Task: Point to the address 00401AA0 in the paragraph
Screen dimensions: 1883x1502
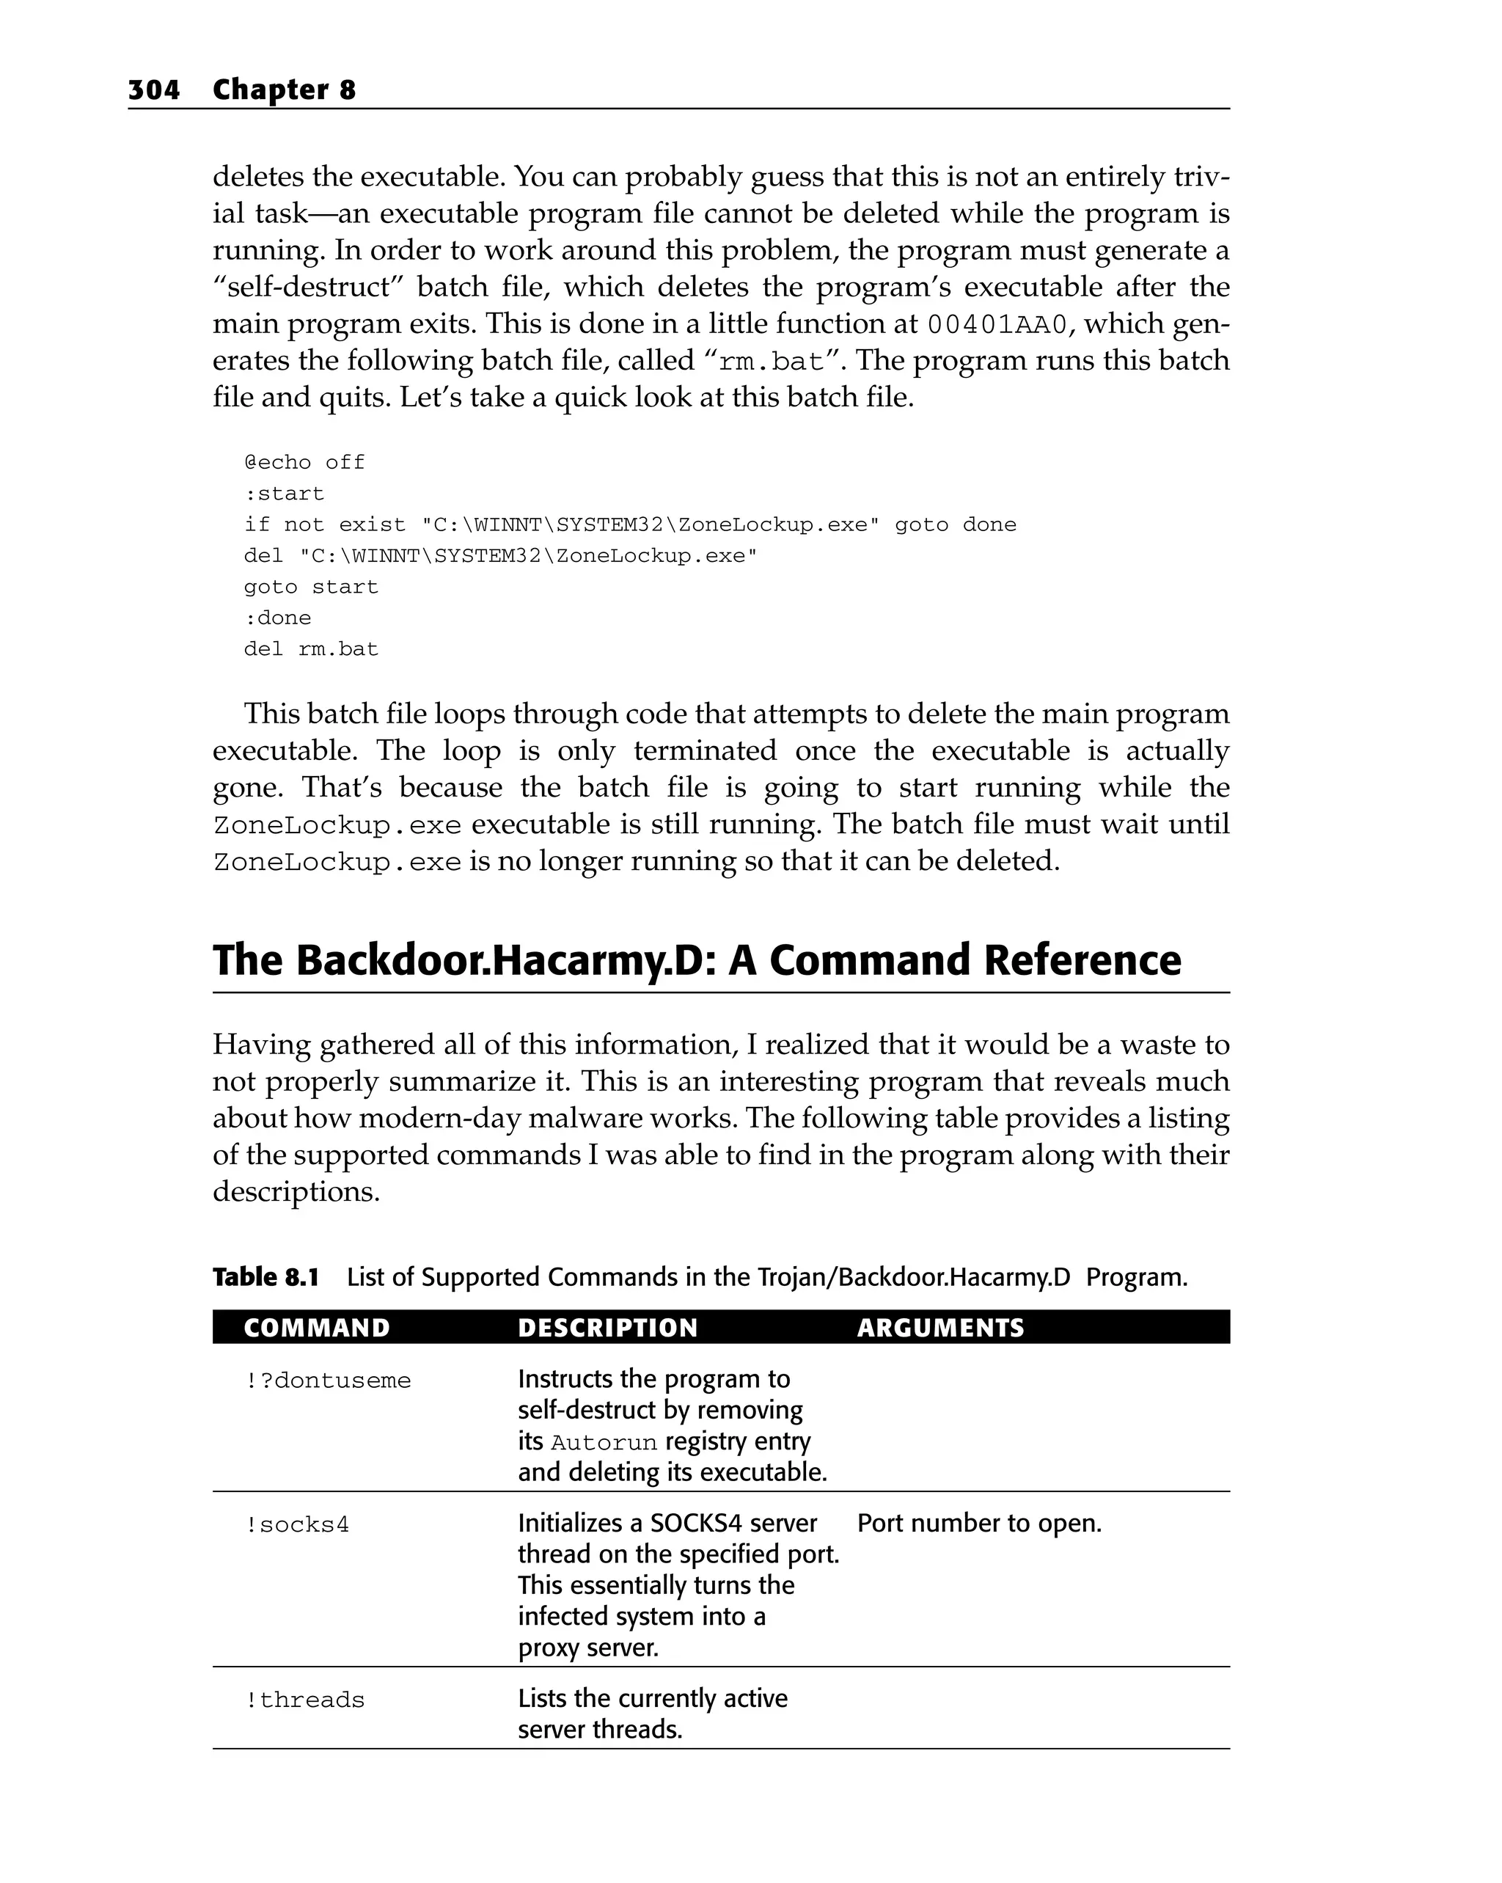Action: pos(997,325)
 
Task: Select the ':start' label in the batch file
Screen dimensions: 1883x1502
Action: pos(284,494)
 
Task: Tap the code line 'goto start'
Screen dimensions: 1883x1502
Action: pos(311,587)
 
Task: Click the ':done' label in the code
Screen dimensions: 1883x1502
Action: pos(278,618)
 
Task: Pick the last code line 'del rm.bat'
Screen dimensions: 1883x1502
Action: pos(311,649)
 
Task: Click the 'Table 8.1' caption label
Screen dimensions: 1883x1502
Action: pos(266,1277)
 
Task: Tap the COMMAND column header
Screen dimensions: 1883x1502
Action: pos(317,1328)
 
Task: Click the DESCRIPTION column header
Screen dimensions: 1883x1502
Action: pos(608,1328)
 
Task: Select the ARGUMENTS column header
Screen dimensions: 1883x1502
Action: pos(940,1328)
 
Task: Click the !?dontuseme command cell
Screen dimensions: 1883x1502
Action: pos(328,1381)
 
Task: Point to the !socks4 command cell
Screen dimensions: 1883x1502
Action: pos(297,1525)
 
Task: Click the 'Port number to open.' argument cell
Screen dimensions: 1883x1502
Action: pos(979,1523)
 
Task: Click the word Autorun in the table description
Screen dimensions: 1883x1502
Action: pos(604,1443)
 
